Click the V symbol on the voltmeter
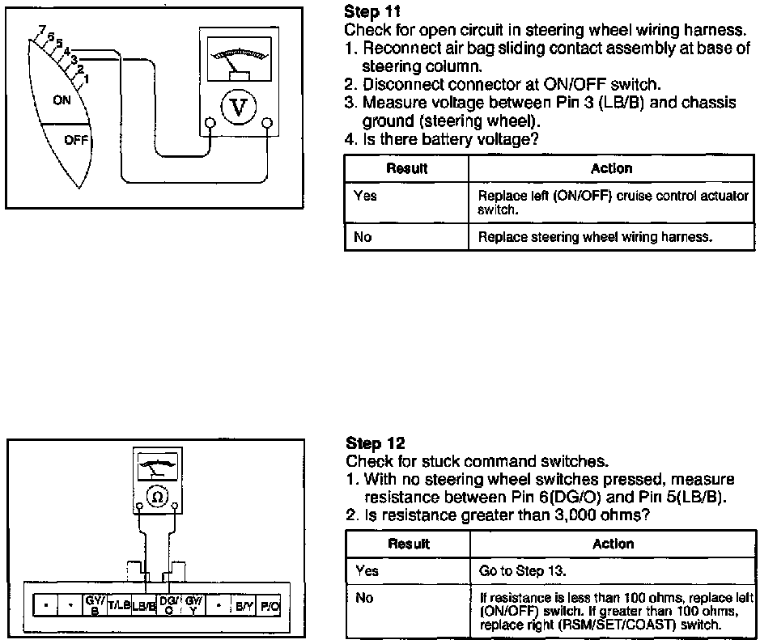(239, 108)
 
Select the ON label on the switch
(62, 100)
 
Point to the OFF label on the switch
(74, 139)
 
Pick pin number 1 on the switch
(86, 78)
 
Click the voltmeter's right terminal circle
(268, 124)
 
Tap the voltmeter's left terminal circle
(210, 124)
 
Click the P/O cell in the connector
(269, 604)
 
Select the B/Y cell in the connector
(244, 604)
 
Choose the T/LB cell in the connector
(119, 604)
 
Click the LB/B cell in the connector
(144, 604)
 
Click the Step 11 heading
(372, 11)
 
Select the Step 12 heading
(375, 443)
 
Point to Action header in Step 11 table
(612, 168)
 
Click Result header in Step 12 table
(408, 544)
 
